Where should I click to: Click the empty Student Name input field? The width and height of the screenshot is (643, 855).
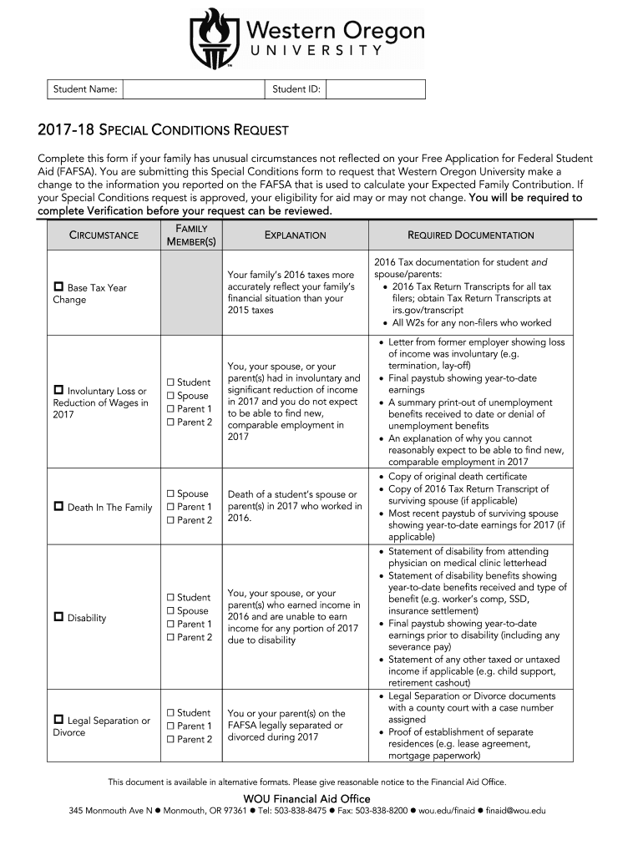pyautogui.click(x=195, y=89)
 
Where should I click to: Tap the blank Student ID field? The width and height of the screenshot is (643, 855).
pyautogui.click(x=376, y=89)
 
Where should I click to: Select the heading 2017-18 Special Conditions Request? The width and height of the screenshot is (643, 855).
pyautogui.click(x=163, y=130)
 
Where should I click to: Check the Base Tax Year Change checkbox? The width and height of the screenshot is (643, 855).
pyautogui.click(x=58, y=288)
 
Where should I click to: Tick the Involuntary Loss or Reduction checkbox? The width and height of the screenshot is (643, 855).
pyautogui.click(x=58, y=391)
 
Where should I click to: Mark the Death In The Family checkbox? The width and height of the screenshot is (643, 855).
pyautogui.click(x=58, y=507)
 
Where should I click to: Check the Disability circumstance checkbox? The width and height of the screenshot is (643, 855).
pyautogui.click(x=58, y=618)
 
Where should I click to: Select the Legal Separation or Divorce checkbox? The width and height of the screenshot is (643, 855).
pyautogui.click(x=58, y=720)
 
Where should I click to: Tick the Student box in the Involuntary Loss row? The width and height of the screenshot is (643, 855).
pyautogui.click(x=170, y=382)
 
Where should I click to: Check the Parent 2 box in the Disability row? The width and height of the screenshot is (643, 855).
pyautogui.click(x=170, y=638)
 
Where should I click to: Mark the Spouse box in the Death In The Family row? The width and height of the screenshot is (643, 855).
pyautogui.click(x=170, y=494)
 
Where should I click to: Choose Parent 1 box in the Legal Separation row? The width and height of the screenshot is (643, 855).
pyautogui.click(x=170, y=726)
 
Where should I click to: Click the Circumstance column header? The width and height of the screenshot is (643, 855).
pyautogui.click(x=104, y=235)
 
